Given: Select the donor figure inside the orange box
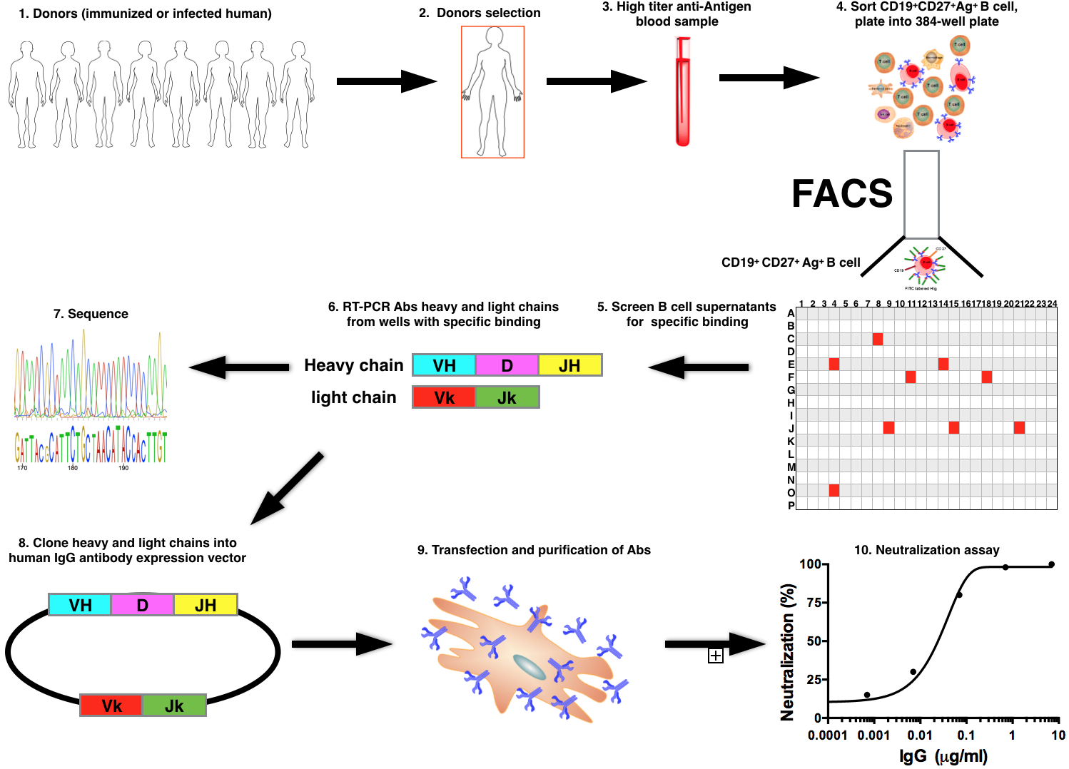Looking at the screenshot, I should (492, 91).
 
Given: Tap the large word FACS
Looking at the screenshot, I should (842, 193).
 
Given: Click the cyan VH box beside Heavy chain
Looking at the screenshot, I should (444, 365).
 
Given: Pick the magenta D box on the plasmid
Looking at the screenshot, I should (142, 605).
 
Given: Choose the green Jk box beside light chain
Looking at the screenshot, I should (507, 397).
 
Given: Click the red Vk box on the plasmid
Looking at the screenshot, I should (111, 706).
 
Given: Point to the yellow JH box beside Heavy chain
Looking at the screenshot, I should (569, 365).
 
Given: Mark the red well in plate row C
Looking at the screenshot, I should (878, 339).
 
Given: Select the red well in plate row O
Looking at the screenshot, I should (834, 490).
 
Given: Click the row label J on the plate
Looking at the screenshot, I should (791, 429).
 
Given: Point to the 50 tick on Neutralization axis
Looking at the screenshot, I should (814, 641).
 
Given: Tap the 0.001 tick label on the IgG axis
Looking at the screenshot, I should (873, 735).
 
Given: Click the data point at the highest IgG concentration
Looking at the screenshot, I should (1051, 565).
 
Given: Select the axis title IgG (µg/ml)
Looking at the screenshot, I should (943, 756).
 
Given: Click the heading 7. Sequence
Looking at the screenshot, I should (91, 314).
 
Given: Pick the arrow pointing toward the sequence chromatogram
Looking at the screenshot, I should (239, 367).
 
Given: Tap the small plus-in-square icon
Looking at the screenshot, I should (716, 656).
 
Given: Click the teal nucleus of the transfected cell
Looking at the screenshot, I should (530, 667).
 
